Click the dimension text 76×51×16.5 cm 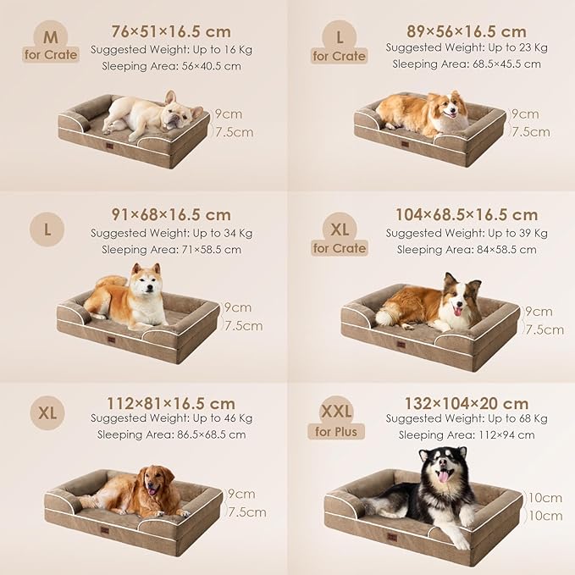pyautogui.click(x=171, y=32)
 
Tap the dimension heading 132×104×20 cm pyautogui.click(x=467, y=403)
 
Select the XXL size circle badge pyautogui.click(x=335, y=412)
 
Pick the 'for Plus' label pyautogui.click(x=336, y=432)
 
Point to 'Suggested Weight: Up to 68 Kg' pyautogui.click(x=467, y=419)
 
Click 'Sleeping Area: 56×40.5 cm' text pyautogui.click(x=171, y=65)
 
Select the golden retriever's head pyautogui.click(x=159, y=481)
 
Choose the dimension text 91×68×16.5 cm pyautogui.click(x=171, y=215)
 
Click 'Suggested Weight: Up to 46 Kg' pyautogui.click(x=172, y=418)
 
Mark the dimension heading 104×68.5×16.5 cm pyautogui.click(x=467, y=215)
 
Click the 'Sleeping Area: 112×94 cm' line pyautogui.click(x=467, y=435)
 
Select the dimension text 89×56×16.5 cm pyautogui.click(x=467, y=32)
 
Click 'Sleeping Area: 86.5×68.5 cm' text pyautogui.click(x=172, y=434)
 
